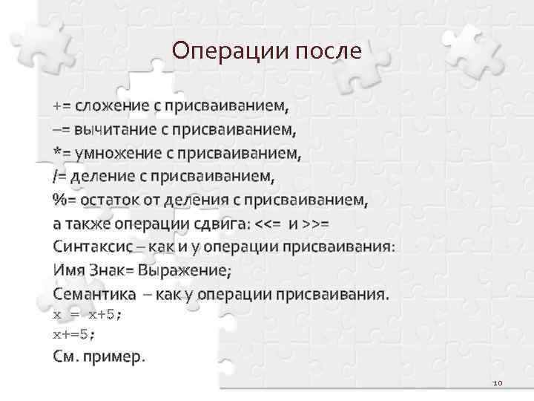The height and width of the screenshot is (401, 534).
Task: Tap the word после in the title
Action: [x=328, y=50]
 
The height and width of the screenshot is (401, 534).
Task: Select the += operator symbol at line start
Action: [x=62, y=105]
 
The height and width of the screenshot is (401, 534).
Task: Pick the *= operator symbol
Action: [x=62, y=154]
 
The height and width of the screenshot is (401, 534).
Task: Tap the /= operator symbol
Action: [x=59, y=177]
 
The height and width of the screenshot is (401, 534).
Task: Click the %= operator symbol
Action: [x=64, y=200]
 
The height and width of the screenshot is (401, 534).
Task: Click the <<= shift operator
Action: [x=269, y=223]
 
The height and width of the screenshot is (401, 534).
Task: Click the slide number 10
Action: [x=497, y=383]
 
